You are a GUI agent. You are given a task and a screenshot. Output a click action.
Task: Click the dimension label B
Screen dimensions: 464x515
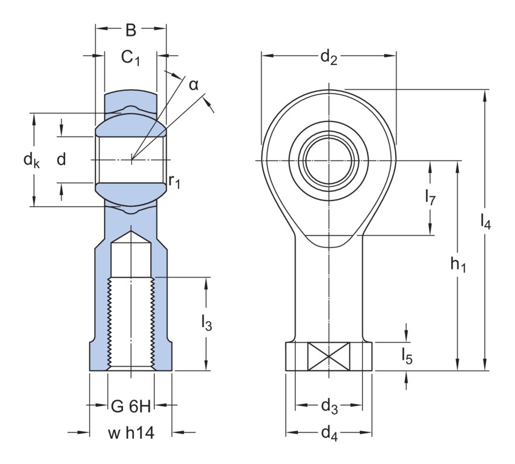[131, 30]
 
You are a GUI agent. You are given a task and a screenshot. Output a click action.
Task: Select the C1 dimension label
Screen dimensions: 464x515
[131, 57]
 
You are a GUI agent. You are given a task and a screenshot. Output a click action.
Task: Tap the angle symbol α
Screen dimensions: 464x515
[194, 85]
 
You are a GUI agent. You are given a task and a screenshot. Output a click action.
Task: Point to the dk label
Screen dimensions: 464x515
[32, 160]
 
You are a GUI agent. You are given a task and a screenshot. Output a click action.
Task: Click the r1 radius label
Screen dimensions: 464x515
[174, 181]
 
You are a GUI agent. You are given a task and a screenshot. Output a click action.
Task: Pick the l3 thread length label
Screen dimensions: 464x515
[206, 323]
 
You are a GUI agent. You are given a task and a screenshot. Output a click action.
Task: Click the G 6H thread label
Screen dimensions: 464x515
[131, 405]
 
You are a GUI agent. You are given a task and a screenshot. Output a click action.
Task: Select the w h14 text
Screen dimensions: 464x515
[131, 434]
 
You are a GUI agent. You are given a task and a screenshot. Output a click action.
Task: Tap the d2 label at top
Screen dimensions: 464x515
[328, 57]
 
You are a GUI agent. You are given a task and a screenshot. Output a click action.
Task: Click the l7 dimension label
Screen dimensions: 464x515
[430, 197]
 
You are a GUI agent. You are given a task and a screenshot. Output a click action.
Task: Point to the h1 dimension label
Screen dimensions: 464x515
[458, 265]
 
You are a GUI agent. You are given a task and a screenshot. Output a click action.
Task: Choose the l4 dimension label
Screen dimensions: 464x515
[485, 221]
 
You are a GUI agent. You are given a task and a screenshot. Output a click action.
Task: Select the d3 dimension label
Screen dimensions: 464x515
[329, 405]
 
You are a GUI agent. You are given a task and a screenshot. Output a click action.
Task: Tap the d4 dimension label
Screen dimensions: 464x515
[329, 434]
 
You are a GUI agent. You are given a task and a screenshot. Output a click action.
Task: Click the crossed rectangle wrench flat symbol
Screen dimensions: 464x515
[328, 356]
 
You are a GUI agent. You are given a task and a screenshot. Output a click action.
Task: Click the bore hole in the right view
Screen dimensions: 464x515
[328, 160]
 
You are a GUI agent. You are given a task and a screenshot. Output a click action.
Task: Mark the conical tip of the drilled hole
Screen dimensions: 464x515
[131, 237]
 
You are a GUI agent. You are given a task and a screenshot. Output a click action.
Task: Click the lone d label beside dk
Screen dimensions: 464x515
[61, 159]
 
